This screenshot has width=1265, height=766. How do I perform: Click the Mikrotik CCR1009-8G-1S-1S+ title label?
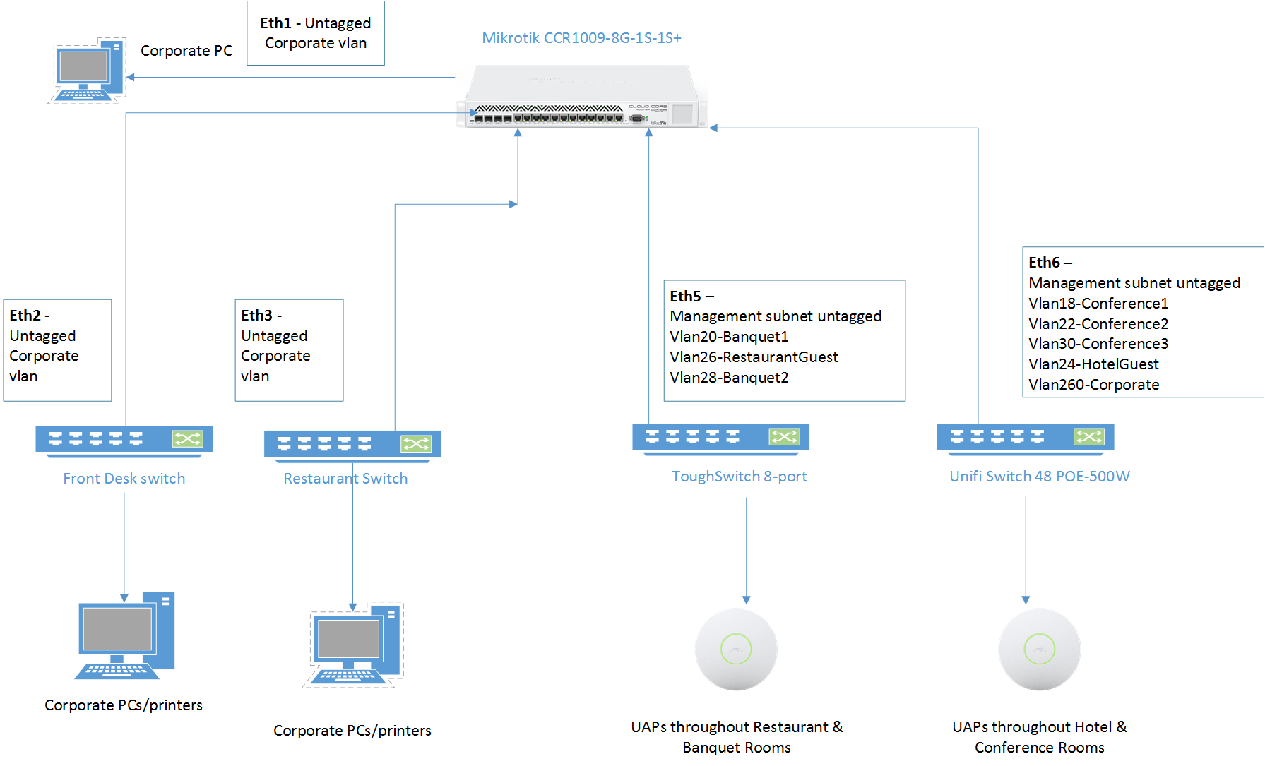[x=581, y=38]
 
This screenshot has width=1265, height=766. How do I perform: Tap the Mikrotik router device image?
[x=581, y=97]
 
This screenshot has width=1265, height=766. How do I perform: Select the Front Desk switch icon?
[x=124, y=441]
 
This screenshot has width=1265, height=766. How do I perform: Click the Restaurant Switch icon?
[x=352, y=445]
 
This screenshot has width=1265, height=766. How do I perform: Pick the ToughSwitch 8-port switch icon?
[x=720, y=438]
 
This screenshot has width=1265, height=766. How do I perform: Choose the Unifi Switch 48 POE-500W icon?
[x=1026, y=438]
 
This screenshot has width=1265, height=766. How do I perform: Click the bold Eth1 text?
[x=275, y=23]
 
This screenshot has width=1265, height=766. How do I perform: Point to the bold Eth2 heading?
[x=25, y=316]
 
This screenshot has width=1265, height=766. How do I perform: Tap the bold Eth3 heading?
[x=257, y=316]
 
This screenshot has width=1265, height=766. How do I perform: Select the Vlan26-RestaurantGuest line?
[x=754, y=357]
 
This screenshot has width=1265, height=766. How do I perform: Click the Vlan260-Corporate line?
[x=1093, y=385]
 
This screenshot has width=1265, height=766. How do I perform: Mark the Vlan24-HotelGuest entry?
[x=1093, y=364]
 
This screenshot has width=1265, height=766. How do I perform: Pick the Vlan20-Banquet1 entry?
[x=729, y=337]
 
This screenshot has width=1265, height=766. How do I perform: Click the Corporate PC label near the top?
[x=186, y=51]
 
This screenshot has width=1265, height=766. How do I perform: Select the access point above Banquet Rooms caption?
[x=736, y=650]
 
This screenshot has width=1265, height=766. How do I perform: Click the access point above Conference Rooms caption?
[x=1039, y=650]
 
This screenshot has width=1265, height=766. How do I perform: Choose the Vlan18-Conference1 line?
[x=1098, y=304]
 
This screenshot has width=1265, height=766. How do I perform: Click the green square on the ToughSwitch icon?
[x=784, y=437]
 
